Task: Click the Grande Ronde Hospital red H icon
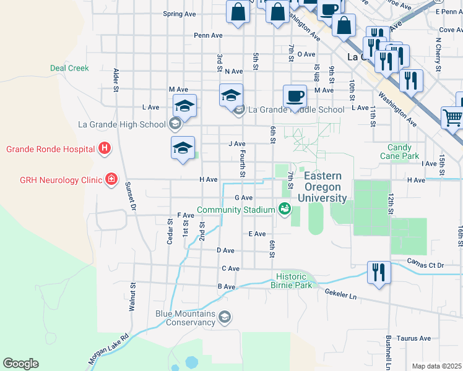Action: pyautogui.click(x=105, y=148)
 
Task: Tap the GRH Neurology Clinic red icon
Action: pyautogui.click(x=111, y=180)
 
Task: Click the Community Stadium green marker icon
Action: pyautogui.click(x=285, y=210)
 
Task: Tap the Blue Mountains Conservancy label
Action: pyautogui.click(x=185, y=318)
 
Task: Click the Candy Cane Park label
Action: pyautogui.click(x=404, y=152)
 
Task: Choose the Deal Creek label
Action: pyautogui.click(x=69, y=68)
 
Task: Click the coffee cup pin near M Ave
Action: pyautogui.click(x=295, y=96)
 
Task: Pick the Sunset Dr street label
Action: pyautogui.click(x=129, y=197)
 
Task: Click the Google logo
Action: pyautogui.click(x=20, y=364)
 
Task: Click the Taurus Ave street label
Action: pyautogui.click(x=414, y=338)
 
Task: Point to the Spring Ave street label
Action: pyautogui.click(x=179, y=14)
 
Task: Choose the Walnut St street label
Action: pyautogui.click(x=132, y=297)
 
